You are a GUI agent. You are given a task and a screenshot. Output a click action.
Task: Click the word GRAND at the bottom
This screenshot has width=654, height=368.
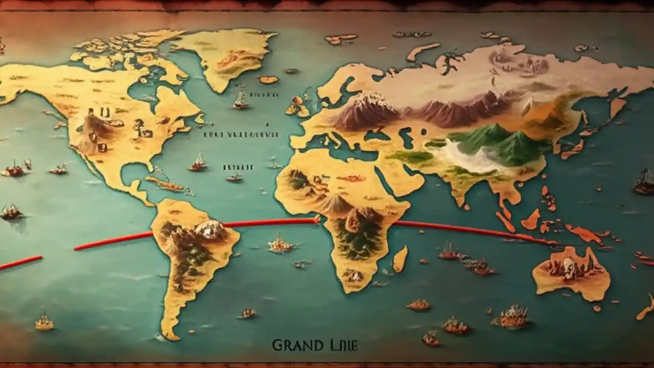(291, 346)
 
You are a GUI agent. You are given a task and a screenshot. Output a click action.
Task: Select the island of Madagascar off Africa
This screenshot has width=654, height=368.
(400, 259)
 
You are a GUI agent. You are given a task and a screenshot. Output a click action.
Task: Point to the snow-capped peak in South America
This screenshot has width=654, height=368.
(211, 229)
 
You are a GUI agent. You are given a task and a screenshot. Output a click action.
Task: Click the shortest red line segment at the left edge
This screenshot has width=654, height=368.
(20, 263)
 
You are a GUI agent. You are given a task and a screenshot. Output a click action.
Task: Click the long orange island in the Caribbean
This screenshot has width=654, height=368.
(163, 184)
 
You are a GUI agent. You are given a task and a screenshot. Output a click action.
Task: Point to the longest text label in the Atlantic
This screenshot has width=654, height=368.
(241, 134)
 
